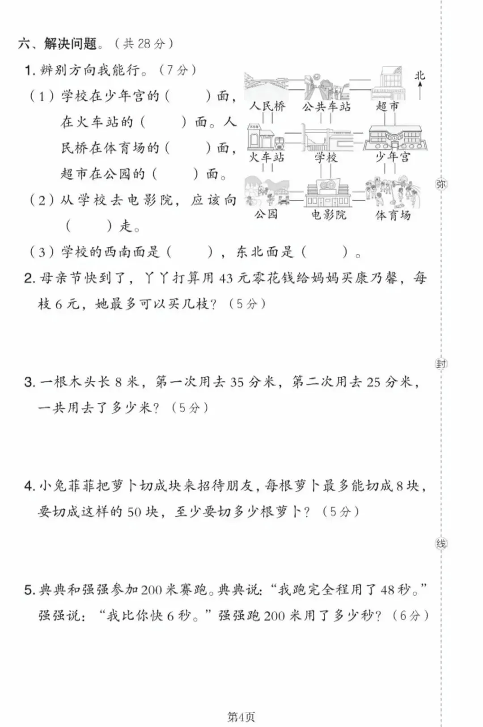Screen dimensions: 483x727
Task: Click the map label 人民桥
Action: pyautogui.click(x=267, y=106)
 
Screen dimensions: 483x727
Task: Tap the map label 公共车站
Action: pyautogui.click(x=326, y=106)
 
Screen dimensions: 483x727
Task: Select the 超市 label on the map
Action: pyautogui.click(x=387, y=106)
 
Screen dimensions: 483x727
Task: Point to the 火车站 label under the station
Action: pyautogui.click(x=267, y=157)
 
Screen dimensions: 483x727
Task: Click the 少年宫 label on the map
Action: pyautogui.click(x=393, y=157)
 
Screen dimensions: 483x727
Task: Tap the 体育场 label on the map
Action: pyautogui.click(x=393, y=215)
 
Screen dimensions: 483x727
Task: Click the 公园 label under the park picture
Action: pyautogui.click(x=266, y=214)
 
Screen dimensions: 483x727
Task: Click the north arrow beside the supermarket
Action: pyautogui.click(x=420, y=91)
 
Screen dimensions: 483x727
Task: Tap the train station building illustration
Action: pyautogui.click(x=266, y=137)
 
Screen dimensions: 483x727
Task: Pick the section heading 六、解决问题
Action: pyautogui.click(x=58, y=43)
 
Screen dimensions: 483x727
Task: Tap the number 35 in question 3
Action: pyautogui.click(x=237, y=382)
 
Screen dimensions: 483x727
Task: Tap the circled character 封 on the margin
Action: pyautogui.click(x=441, y=364)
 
